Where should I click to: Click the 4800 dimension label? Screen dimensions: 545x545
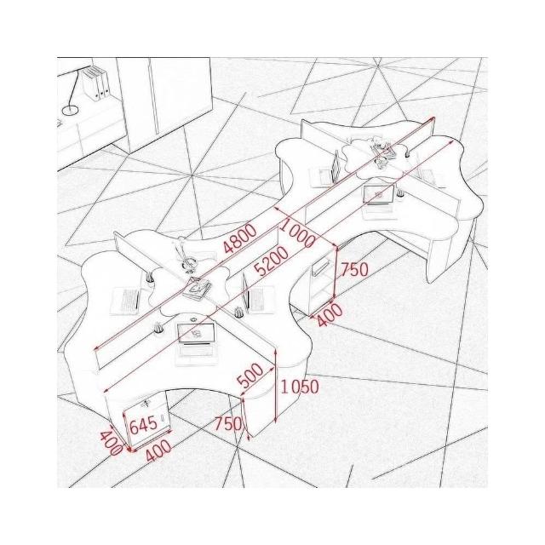(x=240, y=238)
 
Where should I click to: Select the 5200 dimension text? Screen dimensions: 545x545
(x=271, y=261)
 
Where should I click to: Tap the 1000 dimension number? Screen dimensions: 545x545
(x=297, y=233)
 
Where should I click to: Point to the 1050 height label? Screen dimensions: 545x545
(x=300, y=387)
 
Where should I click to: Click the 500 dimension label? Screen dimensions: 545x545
(x=250, y=376)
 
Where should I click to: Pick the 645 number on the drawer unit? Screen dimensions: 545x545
(x=144, y=426)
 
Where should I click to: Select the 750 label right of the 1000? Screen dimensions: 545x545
(x=354, y=269)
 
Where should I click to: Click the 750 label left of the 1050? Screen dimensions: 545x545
(x=227, y=424)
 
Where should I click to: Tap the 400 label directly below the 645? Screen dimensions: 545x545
(x=158, y=451)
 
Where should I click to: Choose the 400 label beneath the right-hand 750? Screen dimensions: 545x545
(x=330, y=315)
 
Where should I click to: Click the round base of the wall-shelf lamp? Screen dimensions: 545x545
(x=70, y=111)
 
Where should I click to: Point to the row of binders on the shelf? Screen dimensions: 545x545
(x=95, y=83)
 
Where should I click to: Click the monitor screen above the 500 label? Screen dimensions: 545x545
(x=196, y=334)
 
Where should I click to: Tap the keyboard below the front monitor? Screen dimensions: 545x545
(x=197, y=351)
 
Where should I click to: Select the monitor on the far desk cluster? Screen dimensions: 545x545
(x=379, y=195)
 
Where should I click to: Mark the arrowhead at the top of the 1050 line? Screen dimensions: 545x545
(x=275, y=350)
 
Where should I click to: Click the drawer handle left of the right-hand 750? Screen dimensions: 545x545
(x=321, y=267)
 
